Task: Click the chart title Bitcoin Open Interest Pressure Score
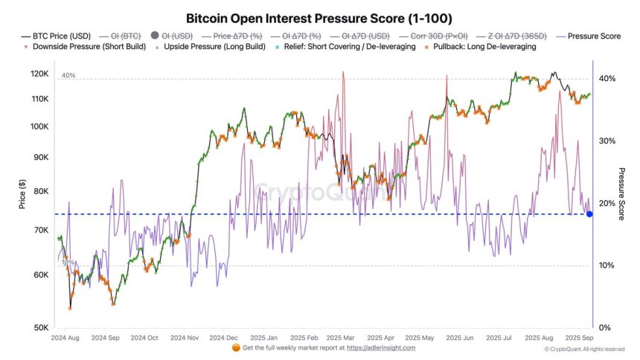click(319, 17)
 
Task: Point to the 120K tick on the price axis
click(39, 74)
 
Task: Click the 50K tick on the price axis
click(41, 328)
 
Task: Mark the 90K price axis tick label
click(41, 158)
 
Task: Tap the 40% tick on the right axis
click(607, 79)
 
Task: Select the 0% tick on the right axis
click(604, 328)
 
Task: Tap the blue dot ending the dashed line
click(589, 214)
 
